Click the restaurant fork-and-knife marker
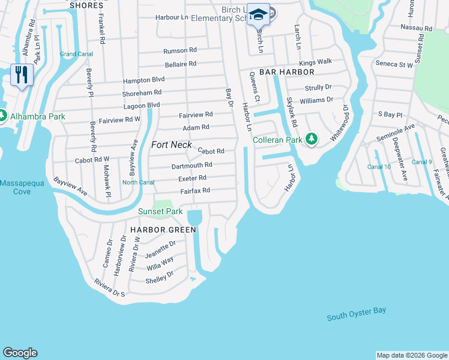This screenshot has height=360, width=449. (x=22, y=74)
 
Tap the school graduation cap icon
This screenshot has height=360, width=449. (x=258, y=14)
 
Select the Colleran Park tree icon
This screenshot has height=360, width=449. (x=311, y=139)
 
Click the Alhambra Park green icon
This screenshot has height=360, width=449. (x=2, y=115)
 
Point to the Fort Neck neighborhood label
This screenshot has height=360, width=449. (x=171, y=145)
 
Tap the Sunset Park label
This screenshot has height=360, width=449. (x=160, y=211)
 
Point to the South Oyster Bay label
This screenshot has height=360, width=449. (x=357, y=314)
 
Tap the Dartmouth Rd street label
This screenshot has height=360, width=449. (x=191, y=164)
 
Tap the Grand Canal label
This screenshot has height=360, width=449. (x=76, y=54)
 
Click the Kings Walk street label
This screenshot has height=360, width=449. (x=315, y=62)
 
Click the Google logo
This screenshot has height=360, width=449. (x=20, y=353)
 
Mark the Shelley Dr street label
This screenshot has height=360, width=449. (x=159, y=277)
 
